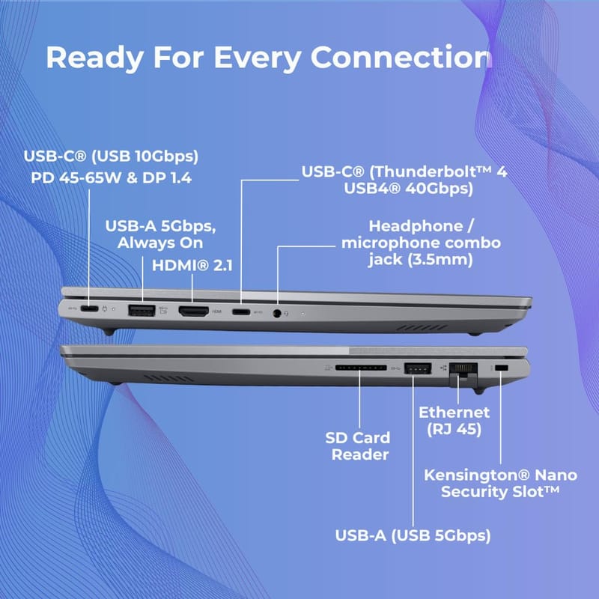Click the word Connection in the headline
(401, 58)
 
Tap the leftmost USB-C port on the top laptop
(89, 308)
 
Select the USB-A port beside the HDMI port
(142, 310)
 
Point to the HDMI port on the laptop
(194, 311)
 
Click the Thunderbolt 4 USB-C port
(241, 312)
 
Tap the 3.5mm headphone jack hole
(277, 314)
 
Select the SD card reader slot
(361, 368)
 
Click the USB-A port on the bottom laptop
(418, 368)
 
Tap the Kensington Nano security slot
(501, 368)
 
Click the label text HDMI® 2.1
(192, 266)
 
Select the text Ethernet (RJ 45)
(454, 421)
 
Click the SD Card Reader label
(358, 446)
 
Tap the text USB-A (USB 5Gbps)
(413, 535)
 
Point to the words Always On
(160, 243)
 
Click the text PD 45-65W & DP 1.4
(111, 177)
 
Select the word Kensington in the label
(477, 475)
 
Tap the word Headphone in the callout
(416, 226)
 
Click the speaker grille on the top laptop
(422, 328)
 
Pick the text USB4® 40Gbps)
(408, 189)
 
